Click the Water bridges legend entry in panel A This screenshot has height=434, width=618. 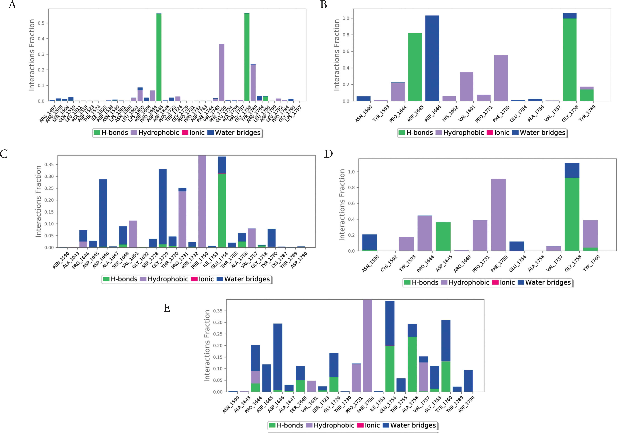[x=234, y=133]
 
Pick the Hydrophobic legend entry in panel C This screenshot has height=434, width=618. [x=164, y=279]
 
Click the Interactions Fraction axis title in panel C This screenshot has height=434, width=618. [x=38, y=201]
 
